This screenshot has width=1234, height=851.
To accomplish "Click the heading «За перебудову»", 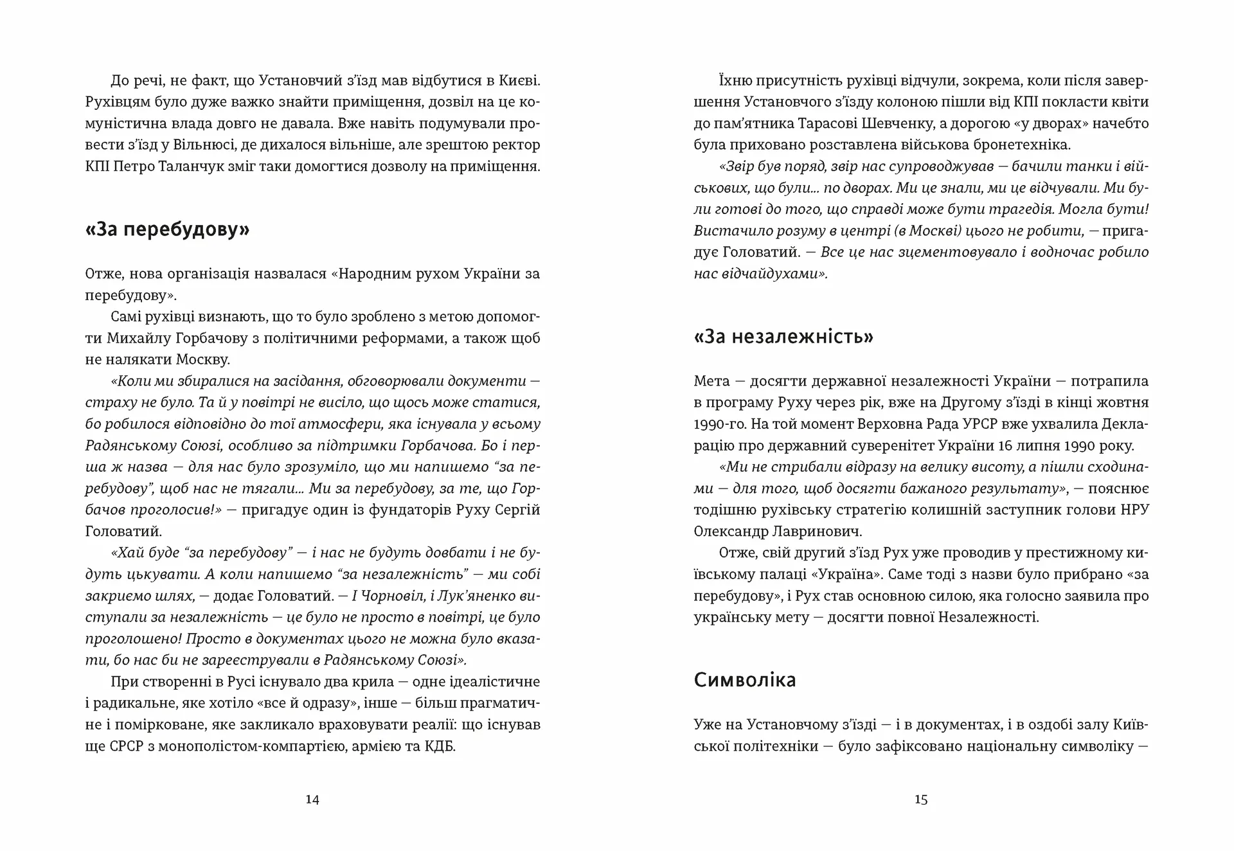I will (x=167, y=229).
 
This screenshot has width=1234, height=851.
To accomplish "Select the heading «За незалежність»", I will (x=783, y=337).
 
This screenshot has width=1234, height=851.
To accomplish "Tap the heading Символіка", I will (x=744, y=680).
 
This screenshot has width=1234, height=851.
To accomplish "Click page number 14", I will (x=312, y=800).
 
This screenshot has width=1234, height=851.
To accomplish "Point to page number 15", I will (x=920, y=800).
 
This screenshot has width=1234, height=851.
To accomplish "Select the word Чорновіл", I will (x=388, y=596).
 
